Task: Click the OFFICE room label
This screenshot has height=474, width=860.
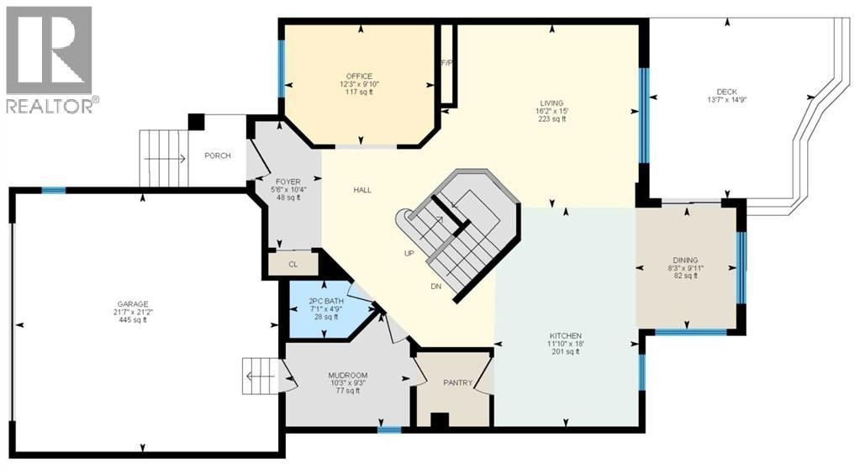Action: [359, 76]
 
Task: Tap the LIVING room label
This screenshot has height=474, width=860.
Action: [551, 103]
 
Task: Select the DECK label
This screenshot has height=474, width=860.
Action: [727, 92]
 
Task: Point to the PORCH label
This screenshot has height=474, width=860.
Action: [218, 155]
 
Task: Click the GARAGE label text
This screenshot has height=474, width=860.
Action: [133, 304]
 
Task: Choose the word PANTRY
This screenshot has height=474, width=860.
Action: [458, 383]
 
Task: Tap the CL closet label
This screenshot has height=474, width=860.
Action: [293, 265]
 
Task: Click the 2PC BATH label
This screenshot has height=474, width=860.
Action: [326, 301]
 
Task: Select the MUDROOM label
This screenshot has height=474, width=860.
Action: [348, 376]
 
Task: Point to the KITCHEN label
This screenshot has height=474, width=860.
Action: [566, 336]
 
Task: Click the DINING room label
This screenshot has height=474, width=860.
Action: [686, 260]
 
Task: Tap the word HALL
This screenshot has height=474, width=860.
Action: [362, 191]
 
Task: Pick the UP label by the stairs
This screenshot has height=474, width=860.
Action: [409, 254]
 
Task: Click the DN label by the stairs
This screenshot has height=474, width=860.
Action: [436, 287]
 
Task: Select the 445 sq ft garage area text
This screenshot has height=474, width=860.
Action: [133, 320]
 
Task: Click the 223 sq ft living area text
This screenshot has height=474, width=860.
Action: [551, 118]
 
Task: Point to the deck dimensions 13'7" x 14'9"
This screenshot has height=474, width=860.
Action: [727, 100]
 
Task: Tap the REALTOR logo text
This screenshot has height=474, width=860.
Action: [50, 105]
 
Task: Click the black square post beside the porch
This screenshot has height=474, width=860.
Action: [197, 122]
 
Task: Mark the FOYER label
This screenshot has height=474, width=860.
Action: [288, 182]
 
